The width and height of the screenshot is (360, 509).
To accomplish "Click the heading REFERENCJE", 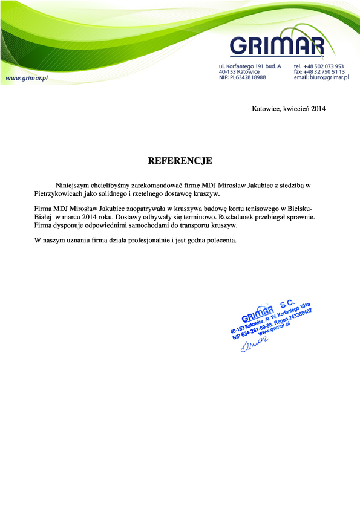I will click(180, 161).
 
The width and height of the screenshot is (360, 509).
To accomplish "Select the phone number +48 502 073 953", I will click(323, 66).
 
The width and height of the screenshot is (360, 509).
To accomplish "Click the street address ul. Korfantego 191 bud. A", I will click(250, 66).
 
